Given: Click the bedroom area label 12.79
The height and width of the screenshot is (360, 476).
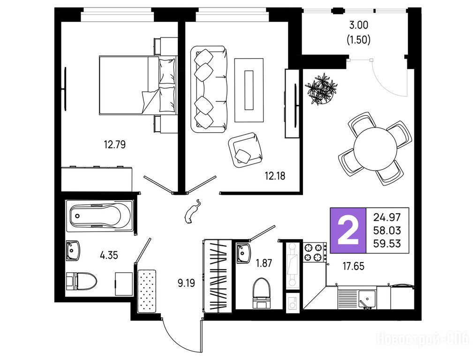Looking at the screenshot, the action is click(115, 144).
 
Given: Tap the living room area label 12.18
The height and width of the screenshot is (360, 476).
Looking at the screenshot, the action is click(275, 176).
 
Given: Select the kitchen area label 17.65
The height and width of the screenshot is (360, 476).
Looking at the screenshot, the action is click(353, 266).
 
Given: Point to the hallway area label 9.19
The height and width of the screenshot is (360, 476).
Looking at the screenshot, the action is click(186, 283).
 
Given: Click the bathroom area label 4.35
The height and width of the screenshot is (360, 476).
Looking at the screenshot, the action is click(109, 255).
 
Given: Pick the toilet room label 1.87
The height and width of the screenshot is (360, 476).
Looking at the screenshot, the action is click(264, 263).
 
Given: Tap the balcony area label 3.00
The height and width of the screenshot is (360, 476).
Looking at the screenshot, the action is click(358, 25).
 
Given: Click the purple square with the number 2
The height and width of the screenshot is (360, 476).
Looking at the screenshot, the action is click(348, 230).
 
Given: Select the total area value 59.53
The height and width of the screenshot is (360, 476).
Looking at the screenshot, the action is click(387, 243).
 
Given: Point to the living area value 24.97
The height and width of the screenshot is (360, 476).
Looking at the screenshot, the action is click(387, 217).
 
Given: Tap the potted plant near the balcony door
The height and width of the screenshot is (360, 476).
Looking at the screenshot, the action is click(321, 89).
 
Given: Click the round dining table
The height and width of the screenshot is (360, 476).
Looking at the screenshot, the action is click(375, 149).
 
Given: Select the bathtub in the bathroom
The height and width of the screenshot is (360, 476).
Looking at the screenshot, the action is click(99, 217).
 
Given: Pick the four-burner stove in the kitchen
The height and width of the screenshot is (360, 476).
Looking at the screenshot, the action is click(315, 252).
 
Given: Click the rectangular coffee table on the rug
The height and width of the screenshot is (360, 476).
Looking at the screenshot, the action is click(249, 90).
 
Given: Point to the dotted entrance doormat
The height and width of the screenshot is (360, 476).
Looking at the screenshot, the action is click(147, 291).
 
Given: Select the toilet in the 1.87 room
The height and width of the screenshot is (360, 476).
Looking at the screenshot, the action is click(261, 293).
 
